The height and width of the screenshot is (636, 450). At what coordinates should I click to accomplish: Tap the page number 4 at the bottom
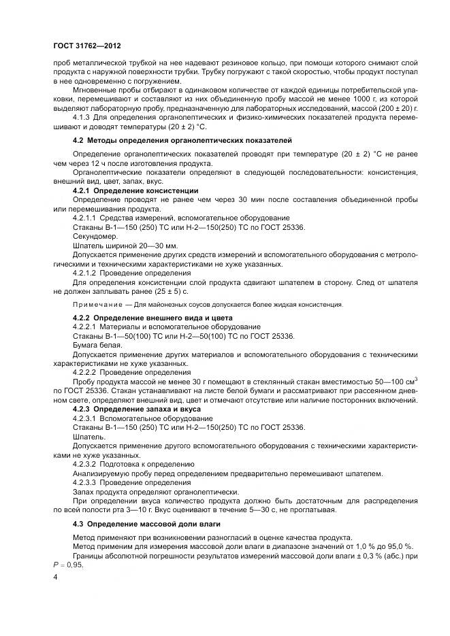pos(55,578)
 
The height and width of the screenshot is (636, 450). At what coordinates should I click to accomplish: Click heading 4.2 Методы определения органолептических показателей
pos(182,140)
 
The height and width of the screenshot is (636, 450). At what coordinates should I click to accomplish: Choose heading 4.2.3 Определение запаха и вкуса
pos(137,409)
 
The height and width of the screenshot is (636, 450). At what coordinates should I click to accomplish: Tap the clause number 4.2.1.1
pos(85,218)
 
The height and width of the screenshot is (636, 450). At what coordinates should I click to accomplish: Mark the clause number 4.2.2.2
pos(85,373)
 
